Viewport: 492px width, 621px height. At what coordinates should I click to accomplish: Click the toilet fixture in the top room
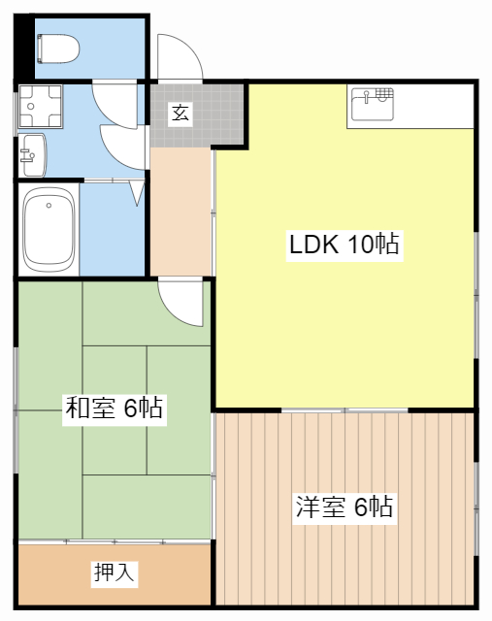tap(59, 46)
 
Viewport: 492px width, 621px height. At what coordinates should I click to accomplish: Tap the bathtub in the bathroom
tap(49, 230)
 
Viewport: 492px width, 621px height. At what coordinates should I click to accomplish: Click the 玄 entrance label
tap(180, 113)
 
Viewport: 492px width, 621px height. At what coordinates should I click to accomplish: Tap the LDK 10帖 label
tap(344, 245)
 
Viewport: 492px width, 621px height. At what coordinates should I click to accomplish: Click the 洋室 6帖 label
tap(344, 507)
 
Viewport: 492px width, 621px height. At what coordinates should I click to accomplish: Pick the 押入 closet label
tap(114, 573)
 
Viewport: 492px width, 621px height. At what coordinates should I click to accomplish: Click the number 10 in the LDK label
tap(354, 245)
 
